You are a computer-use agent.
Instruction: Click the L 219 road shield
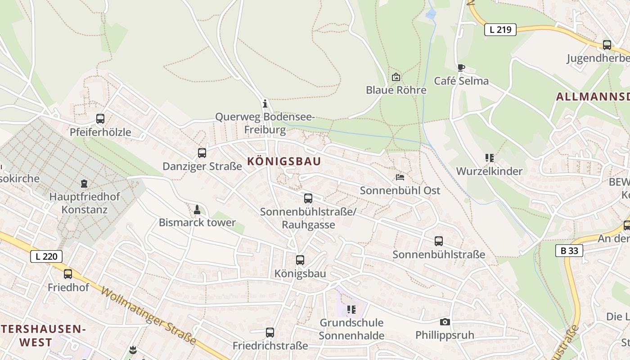[x=500, y=30]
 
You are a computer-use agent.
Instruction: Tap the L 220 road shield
[x=46, y=256]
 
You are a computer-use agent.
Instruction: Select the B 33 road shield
[x=569, y=251]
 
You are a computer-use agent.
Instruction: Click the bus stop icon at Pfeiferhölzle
[x=100, y=119]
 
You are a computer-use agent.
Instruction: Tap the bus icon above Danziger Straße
[x=202, y=153]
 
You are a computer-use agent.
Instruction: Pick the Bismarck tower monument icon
[x=197, y=209]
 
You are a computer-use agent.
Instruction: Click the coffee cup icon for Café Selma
[x=461, y=67]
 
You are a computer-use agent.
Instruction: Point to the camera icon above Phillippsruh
[x=445, y=322]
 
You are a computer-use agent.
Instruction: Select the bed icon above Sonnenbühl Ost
[x=400, y=177]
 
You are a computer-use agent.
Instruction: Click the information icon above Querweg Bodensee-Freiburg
[x=265, y=104]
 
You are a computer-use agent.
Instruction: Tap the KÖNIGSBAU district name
[x=284, y=162]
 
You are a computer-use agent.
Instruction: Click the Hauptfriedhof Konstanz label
[x=85, y=203]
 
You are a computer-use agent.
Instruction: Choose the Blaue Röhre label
[x=396, y=90]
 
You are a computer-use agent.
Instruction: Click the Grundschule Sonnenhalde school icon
[x=351, y=309]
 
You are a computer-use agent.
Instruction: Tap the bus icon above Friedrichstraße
[x=270, y=333]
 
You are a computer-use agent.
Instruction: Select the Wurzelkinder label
[x=489, y=171]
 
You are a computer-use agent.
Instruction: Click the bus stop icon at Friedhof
[x=68, y=274]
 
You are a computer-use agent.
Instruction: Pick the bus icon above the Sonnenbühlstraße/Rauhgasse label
[x=308, y=198]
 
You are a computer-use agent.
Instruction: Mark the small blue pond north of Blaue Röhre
[x=431, y=14]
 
